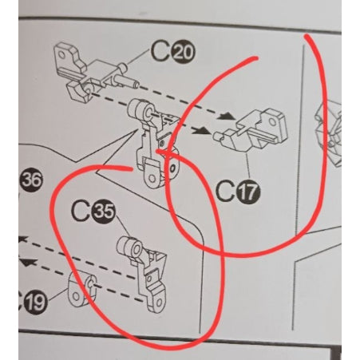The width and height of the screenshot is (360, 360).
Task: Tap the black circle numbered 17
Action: [x=249, y=192]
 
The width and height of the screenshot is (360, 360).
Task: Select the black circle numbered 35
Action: [x=103, y=212]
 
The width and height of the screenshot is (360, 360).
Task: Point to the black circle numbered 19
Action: [x=36, y=302]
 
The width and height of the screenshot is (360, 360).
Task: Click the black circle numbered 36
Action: [x=31, y=180]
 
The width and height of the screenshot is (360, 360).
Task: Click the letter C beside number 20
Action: [x=160, y=52]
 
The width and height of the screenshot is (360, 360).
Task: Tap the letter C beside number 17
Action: [x=226, y=191]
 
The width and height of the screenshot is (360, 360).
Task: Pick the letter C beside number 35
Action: [x=81, y=212]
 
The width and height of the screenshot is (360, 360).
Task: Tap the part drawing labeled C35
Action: [x=142, y=274]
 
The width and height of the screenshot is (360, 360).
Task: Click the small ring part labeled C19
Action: [x=82, y=290]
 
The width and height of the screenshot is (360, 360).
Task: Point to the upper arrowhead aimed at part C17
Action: [x=226, y=116]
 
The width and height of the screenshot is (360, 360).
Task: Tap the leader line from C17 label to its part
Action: [x=248, y=167]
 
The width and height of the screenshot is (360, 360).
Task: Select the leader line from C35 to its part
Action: [x=123, y=227]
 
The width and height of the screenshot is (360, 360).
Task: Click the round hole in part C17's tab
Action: [x=272, y=122]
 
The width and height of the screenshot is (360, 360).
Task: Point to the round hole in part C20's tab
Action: [x=61, y=55]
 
